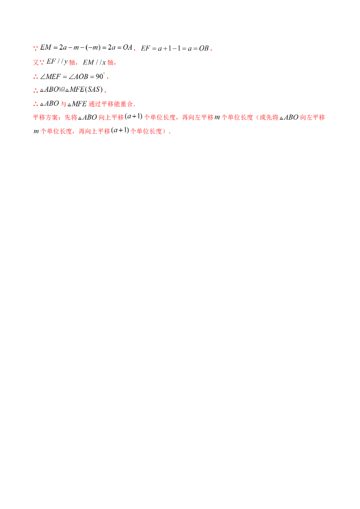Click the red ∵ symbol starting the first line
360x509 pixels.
(x=36, y=49)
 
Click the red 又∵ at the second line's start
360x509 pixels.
(x=37, y=63)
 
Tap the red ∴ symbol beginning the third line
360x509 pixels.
(x=36, y=77)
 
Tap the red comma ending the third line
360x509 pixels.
(x=109, y=77)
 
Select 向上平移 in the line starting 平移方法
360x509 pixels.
(x=107, y=118)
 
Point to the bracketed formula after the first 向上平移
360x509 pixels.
(x=134, y=118)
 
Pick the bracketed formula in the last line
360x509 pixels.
(x=119, y=132)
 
